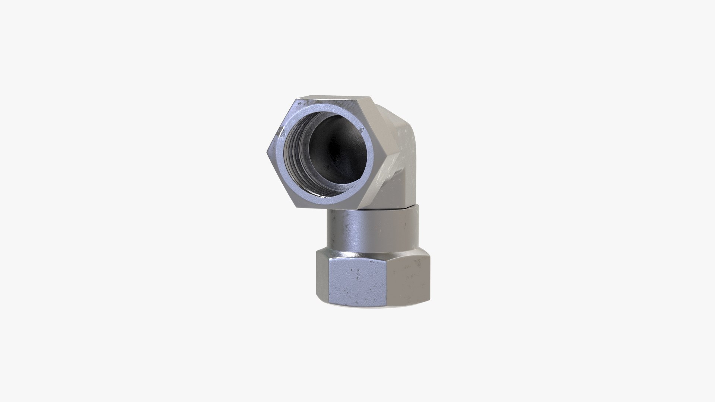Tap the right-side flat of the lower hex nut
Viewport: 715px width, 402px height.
410,275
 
